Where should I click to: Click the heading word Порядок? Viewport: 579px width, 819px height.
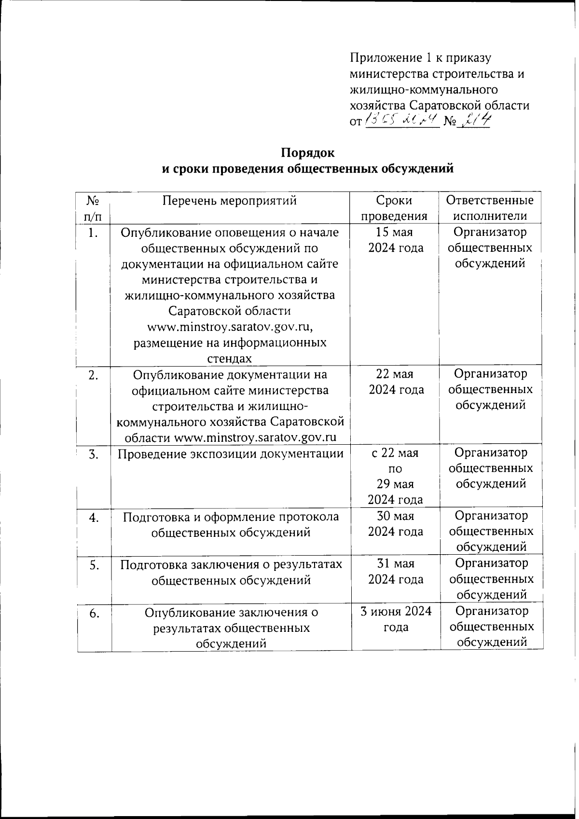[x=307, y=153]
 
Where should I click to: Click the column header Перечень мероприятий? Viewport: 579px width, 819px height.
[x=229, y=200]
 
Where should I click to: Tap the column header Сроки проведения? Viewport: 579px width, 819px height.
[x=395, y=208]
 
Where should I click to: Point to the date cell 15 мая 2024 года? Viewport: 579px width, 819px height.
[x=395, y=240]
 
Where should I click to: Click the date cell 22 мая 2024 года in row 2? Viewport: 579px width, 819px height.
[x=395, y=382]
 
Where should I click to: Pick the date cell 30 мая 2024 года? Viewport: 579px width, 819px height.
[x=395, y=523]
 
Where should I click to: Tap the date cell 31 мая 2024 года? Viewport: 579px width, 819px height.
[x=395, y=571]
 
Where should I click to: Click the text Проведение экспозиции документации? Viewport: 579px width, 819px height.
[x=230, y=453]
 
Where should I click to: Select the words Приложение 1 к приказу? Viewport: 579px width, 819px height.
[x=420, y=58]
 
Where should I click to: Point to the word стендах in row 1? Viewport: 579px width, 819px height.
[x=230, y=358]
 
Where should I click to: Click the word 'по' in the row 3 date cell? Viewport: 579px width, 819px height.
[x=395, y=469]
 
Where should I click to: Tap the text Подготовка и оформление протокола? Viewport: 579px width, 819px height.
[x=231, y=517]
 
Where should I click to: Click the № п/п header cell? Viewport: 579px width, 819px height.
[x=94, y=208]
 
